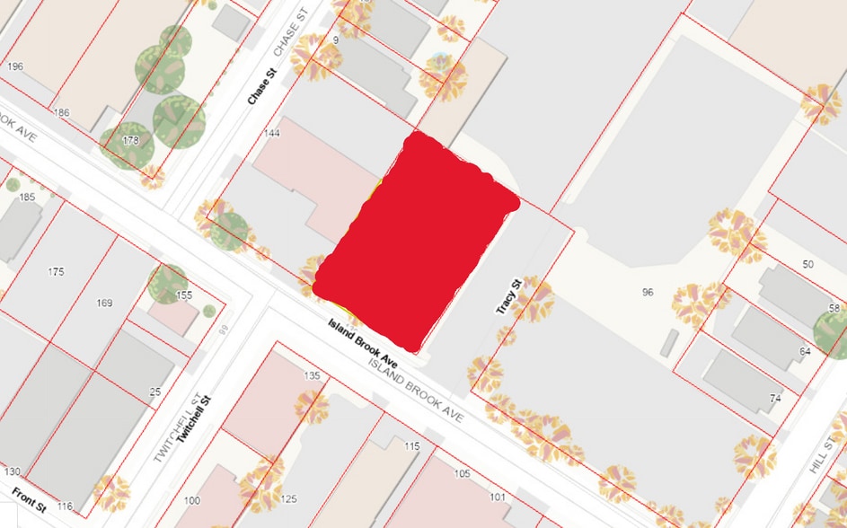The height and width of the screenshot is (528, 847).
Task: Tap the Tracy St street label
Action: coord(508,295)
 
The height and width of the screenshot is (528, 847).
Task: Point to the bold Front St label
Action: coord(29,500)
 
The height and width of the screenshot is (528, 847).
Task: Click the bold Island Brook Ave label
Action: coord(363,341)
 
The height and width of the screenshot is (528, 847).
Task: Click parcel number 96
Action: coord(648,293)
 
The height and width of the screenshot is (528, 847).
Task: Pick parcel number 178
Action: coord(131,140)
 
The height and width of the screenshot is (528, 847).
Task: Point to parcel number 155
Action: coord(184,295)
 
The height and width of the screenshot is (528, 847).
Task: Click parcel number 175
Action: coord(57,271)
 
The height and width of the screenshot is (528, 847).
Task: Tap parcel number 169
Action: coord(104,303)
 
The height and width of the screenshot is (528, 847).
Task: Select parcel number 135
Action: coord(313,375)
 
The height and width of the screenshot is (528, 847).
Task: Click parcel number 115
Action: coord(412,446)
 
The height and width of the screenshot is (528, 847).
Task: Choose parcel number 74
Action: coord(774,397)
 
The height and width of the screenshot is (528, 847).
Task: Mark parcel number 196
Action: coord(14,66)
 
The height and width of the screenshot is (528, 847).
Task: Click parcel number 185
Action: coord(27,196)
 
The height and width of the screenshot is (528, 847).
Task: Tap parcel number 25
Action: coord(154,392)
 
